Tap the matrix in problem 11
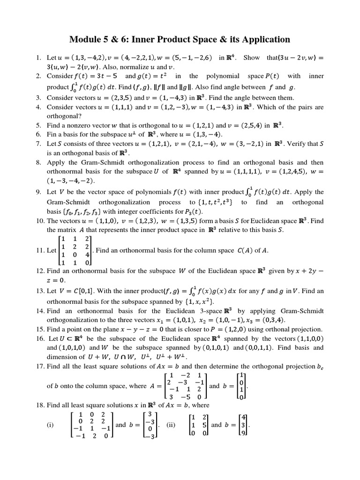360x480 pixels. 75,251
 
